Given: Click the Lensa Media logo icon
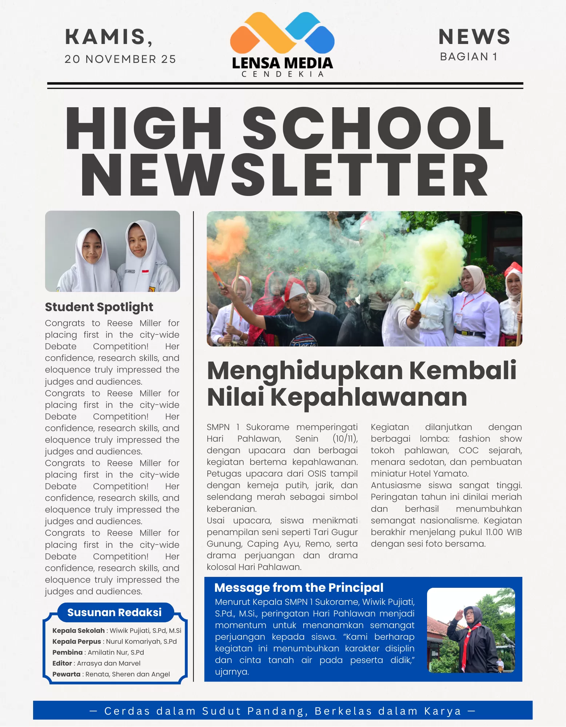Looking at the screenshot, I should [282, 33].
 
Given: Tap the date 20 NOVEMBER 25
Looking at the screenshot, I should [120, 59].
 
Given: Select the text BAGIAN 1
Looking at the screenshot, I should [469, 57].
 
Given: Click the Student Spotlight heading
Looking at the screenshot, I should [99, 307].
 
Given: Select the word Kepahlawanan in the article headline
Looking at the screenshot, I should [369, 397].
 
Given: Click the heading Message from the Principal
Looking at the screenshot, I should [299, 587].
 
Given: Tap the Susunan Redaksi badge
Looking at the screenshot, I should [114, 612].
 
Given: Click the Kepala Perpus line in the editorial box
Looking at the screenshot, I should [114, 642].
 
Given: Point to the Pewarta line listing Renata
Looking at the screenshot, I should [111, 674].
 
